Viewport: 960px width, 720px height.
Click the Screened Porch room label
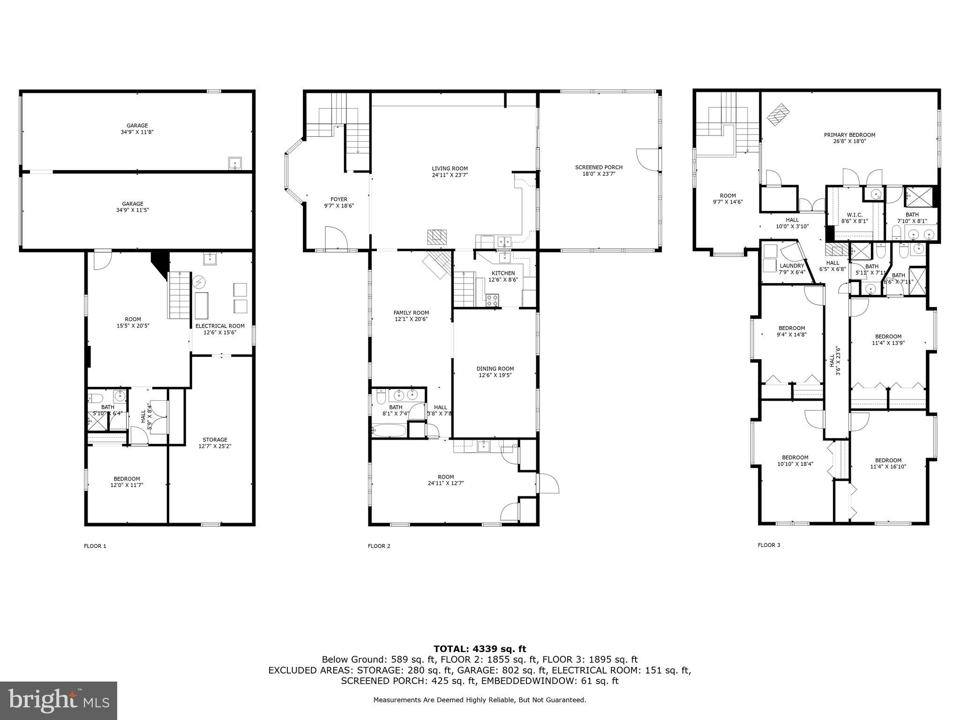pyautogui.click(x=599, y=167)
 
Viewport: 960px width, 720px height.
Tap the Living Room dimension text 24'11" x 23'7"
pyautogui.click(x=450, y=175)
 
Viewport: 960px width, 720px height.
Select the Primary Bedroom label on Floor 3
pyautogui.click(x=849, y=135)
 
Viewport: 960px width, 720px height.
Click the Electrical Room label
pyautogui.click(x=220, y=326)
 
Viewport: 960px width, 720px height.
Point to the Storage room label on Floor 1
pyautogui.click(x=215, y=440)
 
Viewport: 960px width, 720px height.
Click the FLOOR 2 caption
pyautogui.click(x=379, y=546)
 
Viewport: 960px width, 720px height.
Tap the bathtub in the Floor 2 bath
pyautogui.click(x=389, y=430)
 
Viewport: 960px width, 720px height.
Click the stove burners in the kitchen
pyautogui.click(x=492, y=300)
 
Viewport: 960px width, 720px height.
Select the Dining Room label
pyautogui.click(x=495, y=368)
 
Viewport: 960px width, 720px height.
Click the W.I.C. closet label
pyautogui.click(x=851, y=215)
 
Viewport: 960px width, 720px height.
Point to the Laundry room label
pyautogui.click(x=792, y=266)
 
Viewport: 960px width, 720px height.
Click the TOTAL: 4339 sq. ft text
pyautogui.click(x=480, y=649)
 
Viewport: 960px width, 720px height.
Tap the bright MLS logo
pyautogui.click(x=59, y=700)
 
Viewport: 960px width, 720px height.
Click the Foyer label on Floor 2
pyautogui.click(x=339, y=199)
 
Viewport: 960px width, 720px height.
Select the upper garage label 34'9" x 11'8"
pyautogui.click(x=137, y=129)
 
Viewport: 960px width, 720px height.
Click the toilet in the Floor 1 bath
pyautogui.click(x=96, y=398)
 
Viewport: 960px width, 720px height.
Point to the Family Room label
pyautogui.click(x=411, y=313)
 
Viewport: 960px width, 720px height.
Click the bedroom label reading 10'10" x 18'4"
pyautogui.click(x=795, y=461)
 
